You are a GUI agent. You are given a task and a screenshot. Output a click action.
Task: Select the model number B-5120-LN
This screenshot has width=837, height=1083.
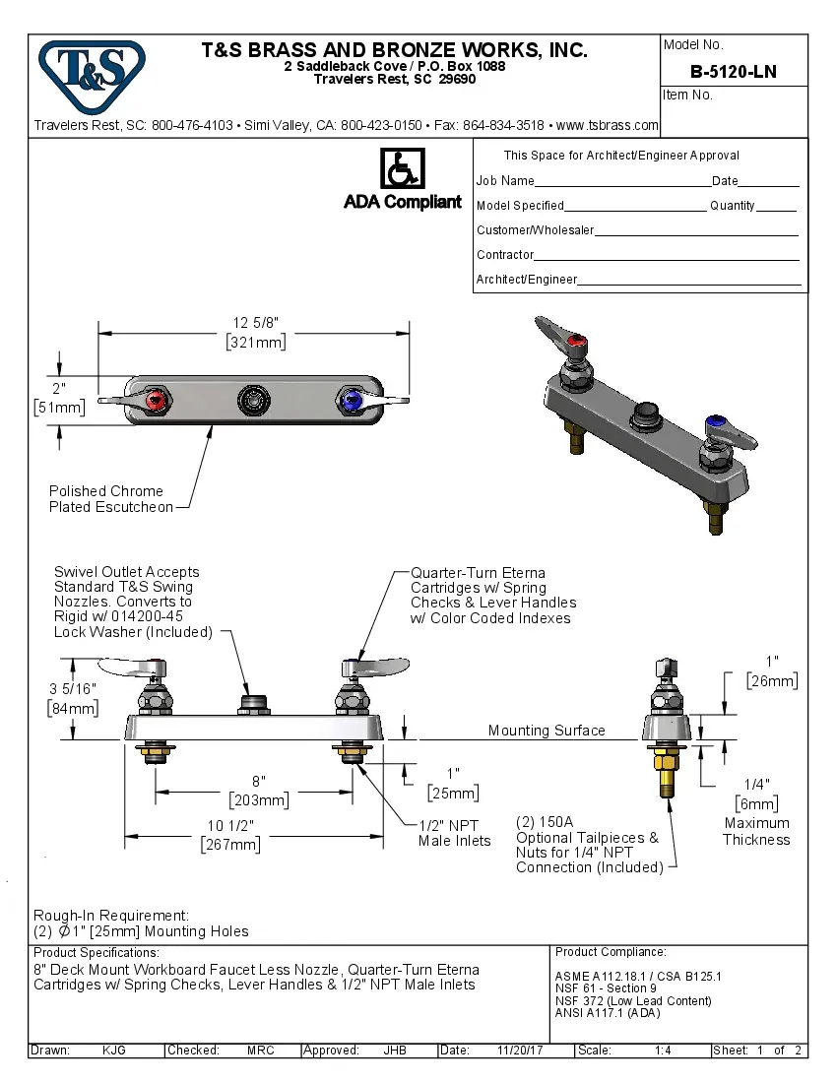pyautogui.click(x=733, y=71)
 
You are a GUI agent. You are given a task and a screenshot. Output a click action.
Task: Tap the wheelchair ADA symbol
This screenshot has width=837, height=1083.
pyautogui.click(x=402, y=169)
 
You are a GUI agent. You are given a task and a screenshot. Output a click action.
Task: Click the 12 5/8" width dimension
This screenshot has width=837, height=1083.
pyautogui.click(x=255, y=332)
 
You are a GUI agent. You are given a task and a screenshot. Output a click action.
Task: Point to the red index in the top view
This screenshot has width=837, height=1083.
pyautogui.click(x=156, y=402)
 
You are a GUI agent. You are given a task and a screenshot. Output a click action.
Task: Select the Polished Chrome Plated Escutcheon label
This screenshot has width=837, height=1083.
pyautogui.click(x=110, y=499)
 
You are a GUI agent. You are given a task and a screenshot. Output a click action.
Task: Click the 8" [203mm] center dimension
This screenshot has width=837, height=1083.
pyautogui.click(x=258, y=791)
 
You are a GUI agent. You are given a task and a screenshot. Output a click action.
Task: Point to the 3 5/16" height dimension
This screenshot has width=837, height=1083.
pyautogui.click(x=72, y=698)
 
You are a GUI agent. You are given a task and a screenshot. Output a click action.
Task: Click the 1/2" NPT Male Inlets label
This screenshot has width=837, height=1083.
pyautogui.click(x=454, y=833)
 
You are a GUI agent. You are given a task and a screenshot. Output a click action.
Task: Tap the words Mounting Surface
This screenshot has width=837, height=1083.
pyautogui.click(x=547, y=731)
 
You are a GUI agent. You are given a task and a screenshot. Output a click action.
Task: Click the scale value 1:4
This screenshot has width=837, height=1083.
pyautogui.click(x=663, y=1051)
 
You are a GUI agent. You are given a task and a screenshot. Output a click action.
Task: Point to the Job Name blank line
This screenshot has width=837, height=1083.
pyautogui.click(x=622, y=183)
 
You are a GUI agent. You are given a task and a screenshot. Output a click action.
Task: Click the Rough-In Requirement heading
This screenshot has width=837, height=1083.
pyautogui.click(x=111, y=916)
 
